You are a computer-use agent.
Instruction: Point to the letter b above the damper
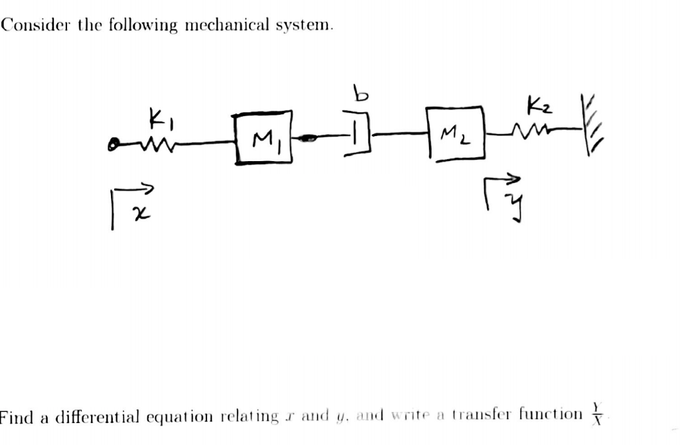pyautogui.click(x=360, y=95)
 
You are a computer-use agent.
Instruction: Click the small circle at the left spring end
pyautogui.click(x=115, y=143)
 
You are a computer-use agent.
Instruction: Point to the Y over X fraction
pyautogui.click(x=597, y=416)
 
